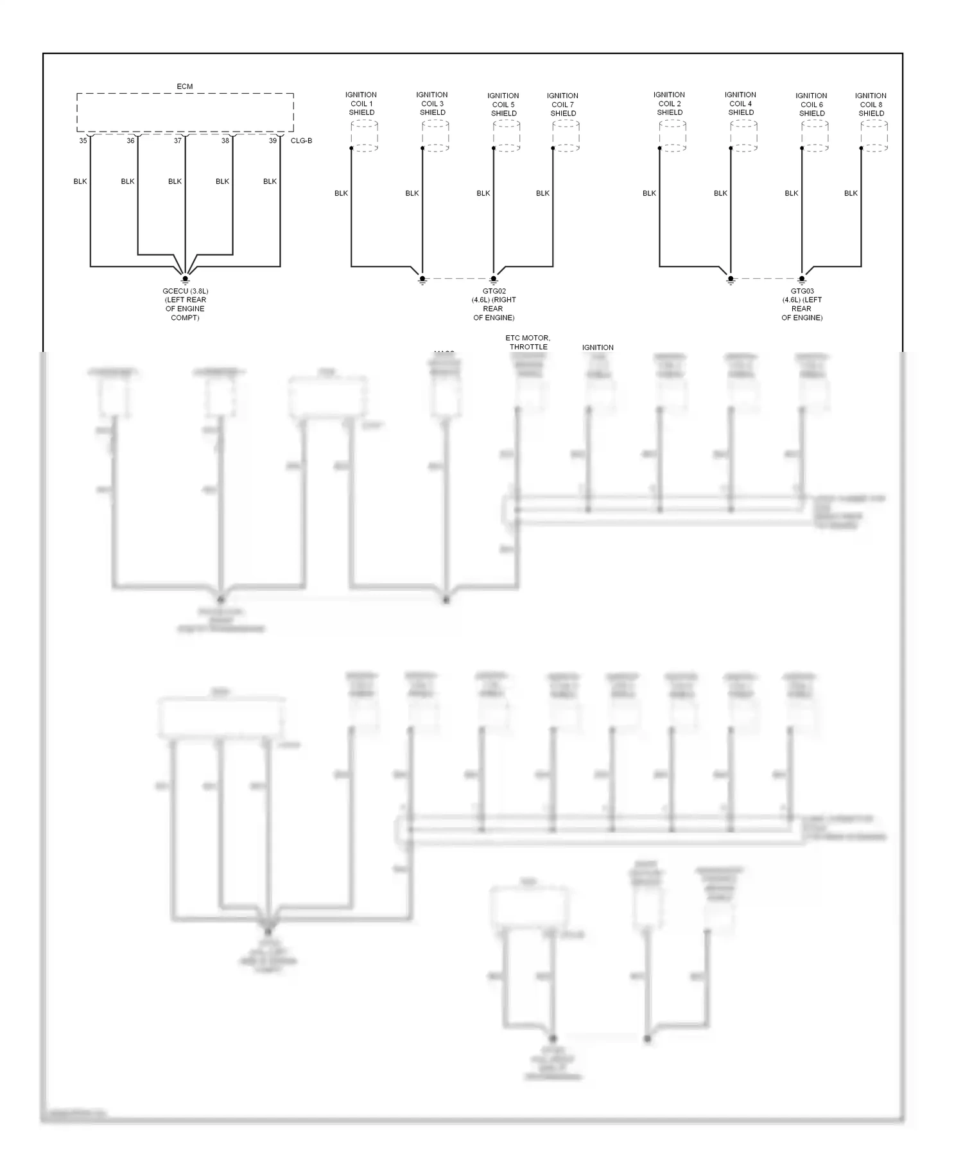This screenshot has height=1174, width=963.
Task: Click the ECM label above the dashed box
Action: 184,86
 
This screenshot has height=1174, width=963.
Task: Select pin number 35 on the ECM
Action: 83,141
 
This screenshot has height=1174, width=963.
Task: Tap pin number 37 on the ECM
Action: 178,141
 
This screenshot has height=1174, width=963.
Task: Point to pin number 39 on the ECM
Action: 273,141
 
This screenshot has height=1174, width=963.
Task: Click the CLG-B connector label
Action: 301,141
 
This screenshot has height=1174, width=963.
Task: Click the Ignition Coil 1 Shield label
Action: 361,103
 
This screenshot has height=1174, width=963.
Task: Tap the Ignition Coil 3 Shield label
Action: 432,103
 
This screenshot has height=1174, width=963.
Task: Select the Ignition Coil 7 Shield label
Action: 563,105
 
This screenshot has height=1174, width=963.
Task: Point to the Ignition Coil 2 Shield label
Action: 670,103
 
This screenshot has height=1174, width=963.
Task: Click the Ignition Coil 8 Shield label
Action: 871,105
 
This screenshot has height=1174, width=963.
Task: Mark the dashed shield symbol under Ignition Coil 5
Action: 507,136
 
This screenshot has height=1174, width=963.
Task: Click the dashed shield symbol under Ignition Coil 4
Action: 743,136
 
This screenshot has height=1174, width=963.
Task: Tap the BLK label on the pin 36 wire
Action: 128,181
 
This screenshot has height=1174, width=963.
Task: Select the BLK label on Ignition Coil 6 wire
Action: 792,193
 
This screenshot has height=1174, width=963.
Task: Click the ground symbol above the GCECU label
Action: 185,279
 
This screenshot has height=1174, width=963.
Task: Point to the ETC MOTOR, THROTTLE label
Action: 528,342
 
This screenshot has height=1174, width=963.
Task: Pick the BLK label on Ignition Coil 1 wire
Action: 341,193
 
